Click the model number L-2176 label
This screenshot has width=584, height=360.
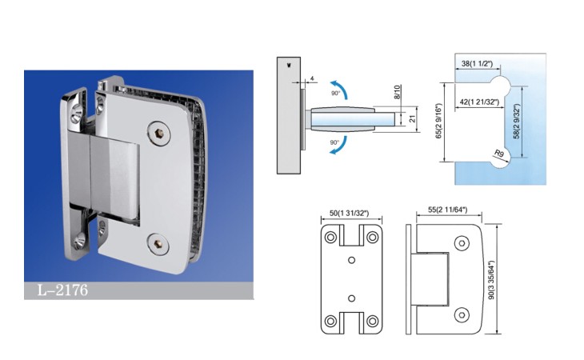[x=62, y=290]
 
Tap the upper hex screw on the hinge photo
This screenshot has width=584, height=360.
[x=158, y=133]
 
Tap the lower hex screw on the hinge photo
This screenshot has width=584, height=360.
[x=158, y=244]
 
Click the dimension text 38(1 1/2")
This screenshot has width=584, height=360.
[x=477, y=64]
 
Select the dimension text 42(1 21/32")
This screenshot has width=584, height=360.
[x=479, y=102]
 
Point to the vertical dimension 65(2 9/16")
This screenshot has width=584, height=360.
[x=438, y=122]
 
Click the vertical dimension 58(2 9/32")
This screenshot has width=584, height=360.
[x=516, y=122]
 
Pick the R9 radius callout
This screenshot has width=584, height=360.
[x=499, y=153]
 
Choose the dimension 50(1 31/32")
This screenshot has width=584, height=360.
[x=349, y=214]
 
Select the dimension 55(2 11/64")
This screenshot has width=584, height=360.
[x=447, y=210]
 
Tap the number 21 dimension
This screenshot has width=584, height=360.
[x=412, y=119]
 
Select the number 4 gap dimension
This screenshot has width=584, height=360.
[x=312, y=78]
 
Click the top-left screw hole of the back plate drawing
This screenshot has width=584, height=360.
[x=330, y=237]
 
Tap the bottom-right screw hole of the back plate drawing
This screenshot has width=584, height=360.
[x=372, y=321]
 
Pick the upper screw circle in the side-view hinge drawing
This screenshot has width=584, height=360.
[x=462, y=243]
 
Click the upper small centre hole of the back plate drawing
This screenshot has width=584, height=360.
[x=351, y=260]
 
